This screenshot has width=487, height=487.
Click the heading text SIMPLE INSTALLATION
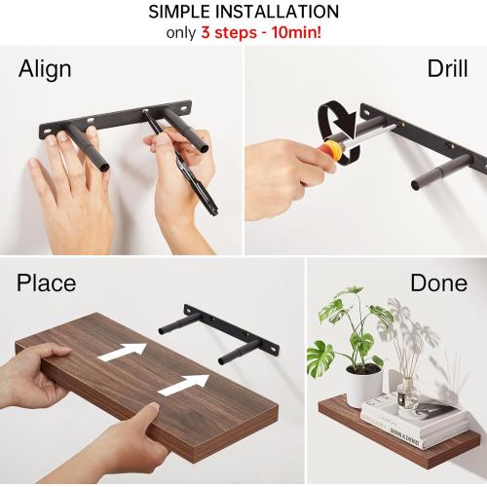pos(243,13)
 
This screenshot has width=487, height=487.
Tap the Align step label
pos(45,70)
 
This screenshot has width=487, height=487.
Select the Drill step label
pos(447,69)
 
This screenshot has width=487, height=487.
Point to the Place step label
pos(46,283)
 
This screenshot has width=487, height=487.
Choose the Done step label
pos(438,283)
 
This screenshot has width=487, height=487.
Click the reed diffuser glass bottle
pos(408,393)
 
